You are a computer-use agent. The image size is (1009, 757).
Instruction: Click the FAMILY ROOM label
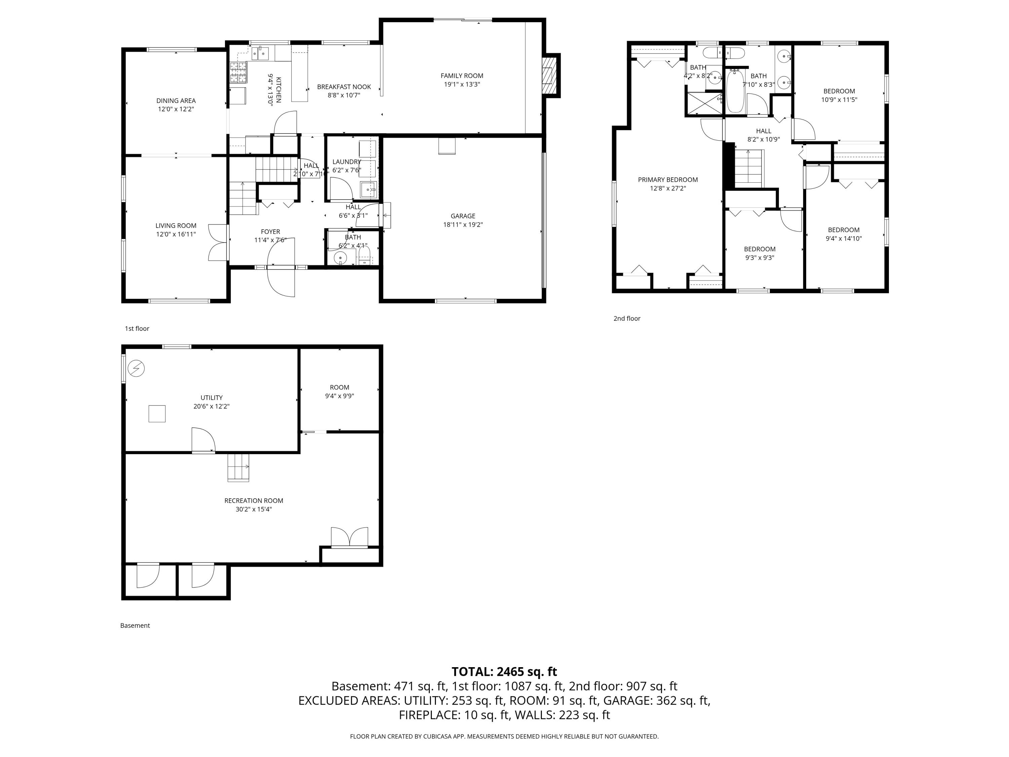coord(462,76)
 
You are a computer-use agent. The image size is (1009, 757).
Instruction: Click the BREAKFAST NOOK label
coord(344,87)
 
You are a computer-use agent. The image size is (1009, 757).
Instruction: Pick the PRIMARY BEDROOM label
coord(668,180)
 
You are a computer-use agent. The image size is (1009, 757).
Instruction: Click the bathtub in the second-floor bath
coord(735,91)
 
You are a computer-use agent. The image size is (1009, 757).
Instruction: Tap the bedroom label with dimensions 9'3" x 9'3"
coord(759,249)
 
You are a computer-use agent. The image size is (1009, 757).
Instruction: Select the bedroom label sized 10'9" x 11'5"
coord(839,91)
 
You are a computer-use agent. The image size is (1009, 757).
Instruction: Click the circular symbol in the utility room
coord(136,368)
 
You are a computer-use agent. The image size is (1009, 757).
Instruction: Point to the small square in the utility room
coord(157,413)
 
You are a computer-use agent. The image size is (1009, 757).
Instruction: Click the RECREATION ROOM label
coord(254,501)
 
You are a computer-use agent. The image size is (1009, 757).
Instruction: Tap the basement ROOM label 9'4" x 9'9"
coord(339,387)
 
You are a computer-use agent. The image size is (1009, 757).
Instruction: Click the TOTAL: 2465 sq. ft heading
coord(504,672)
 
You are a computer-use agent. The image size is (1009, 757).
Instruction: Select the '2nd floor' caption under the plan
coord(626,319)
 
